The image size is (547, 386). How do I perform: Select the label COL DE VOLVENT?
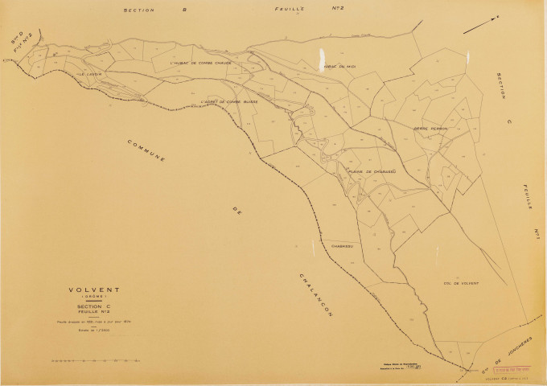pos(459,283)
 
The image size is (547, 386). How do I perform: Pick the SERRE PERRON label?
pos(430,128)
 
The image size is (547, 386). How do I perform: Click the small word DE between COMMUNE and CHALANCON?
pos(236,211)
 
